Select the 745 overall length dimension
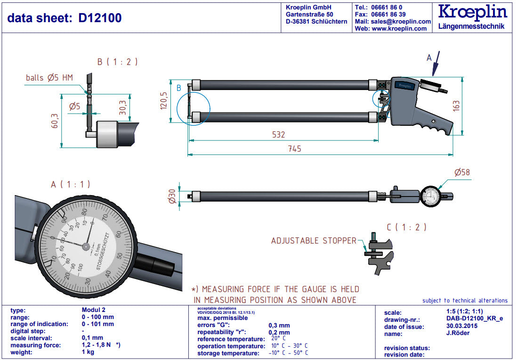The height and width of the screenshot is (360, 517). coord(294,148)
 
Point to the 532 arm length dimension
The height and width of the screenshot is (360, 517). coord(279,134)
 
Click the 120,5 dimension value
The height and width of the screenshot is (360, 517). coord(163,101)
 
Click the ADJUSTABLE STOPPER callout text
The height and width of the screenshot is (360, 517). coord(314,241)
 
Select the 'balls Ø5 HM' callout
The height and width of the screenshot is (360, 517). coord(49,78)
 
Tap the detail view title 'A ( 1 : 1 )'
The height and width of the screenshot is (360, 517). coord(70,184)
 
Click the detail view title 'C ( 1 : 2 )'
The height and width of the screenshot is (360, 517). coord(406,227)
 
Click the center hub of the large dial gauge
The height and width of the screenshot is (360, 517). coord(86,246)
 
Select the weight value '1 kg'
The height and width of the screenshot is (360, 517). coord(88,352)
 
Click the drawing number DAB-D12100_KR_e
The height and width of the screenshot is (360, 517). coord(474,319)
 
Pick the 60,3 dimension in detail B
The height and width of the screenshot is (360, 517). coord(55,121)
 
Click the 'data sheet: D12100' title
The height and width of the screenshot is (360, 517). coord(65,18)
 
